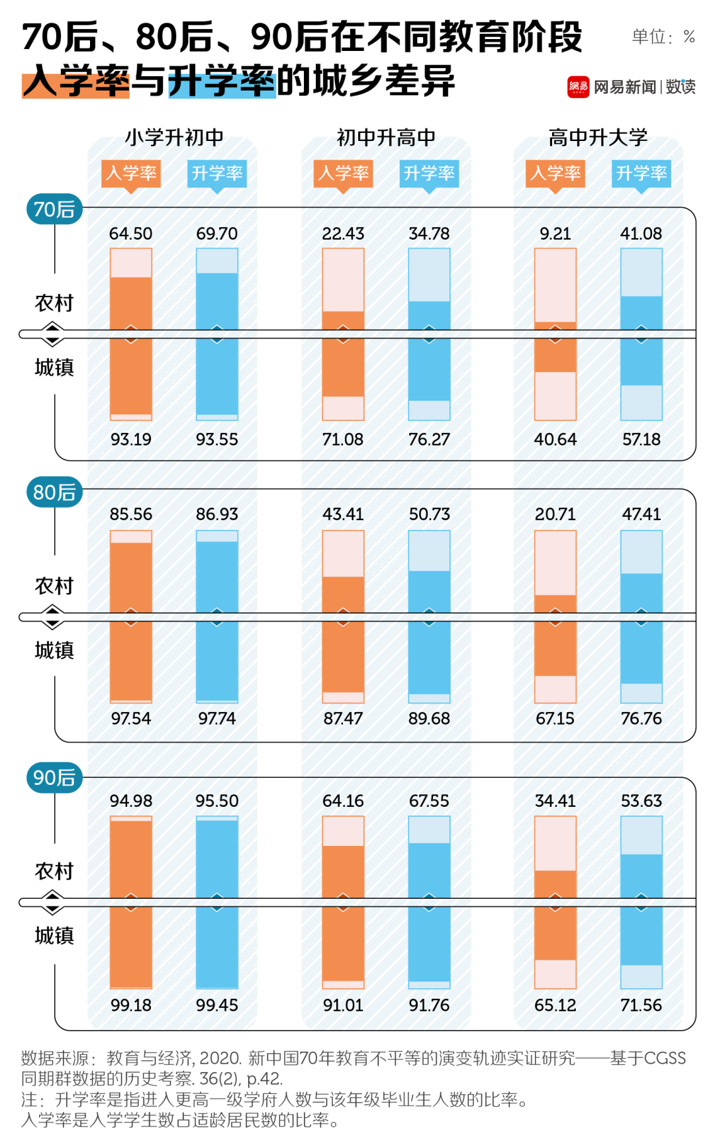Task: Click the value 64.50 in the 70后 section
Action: click(x=130, y=234)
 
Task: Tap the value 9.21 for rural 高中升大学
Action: click(x=555, y=234)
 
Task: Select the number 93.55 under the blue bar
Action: click(x=216, y=439)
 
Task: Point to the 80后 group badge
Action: click(x=54, y=492)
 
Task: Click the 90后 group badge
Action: click(x=54, y=778)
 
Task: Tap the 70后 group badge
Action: click(x=54, y=210)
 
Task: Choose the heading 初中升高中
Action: click(x=386, y=138)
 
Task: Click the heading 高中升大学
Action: click(x=598, y=138)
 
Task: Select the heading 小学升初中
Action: click(x=174, y=138)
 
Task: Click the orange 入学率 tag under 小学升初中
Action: click(x=131, y=173)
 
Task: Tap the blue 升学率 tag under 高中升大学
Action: click(x=641, y=173)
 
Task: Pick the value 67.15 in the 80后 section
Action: click(x=555, y=719)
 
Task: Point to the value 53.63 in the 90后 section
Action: click(x=641, y=801)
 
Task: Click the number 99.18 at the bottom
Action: click(x=130, y=1005)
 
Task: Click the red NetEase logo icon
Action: click(x=578, y=87)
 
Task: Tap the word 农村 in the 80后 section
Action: click(x=54, y=586)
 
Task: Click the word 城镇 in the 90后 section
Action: click(x=54, y=936)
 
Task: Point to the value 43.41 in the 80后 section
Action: click(x=343, y=514)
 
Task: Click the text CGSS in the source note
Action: click(x=665, y=1058)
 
